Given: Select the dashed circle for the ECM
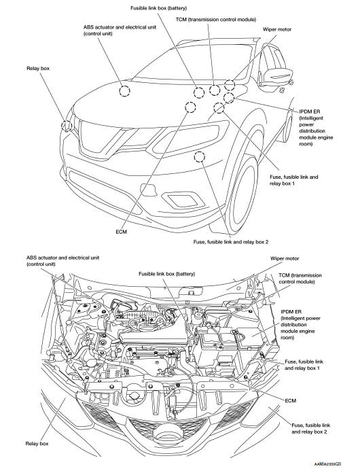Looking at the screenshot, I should (x=190, y=106).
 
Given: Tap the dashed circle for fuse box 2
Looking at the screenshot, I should (x=199, y=158).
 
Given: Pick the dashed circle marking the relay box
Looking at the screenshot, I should (x=67, y=125).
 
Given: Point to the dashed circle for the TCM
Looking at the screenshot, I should (x=215, y=90).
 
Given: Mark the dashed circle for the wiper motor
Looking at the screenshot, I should (x=230, y=86).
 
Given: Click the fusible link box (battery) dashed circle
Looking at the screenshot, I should (x=199, y=93).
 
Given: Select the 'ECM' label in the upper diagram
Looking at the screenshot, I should (x=122, y=231).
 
